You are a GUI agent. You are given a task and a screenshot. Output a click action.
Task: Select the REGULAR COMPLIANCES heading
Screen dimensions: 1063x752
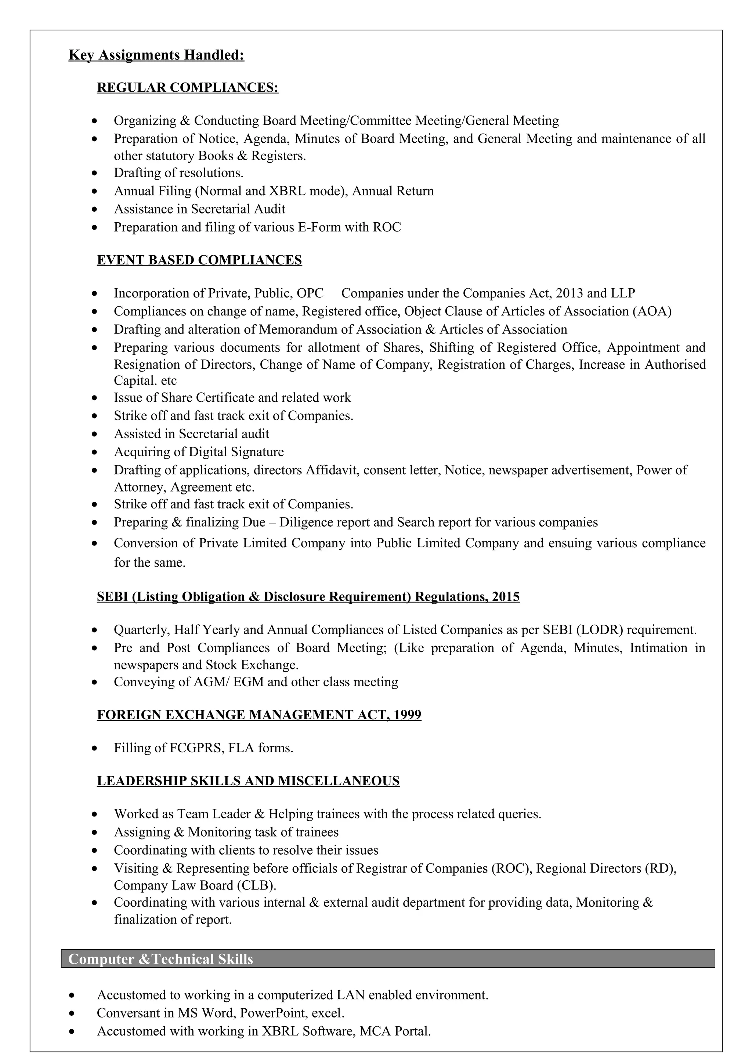pyautogui.click(x=187, y=88)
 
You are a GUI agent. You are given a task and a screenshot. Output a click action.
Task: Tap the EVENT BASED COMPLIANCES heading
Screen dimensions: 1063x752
pyautogui.click(x=199, y=260)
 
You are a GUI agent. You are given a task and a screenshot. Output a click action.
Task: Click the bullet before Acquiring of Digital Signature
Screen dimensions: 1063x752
pyautogui.click(x=94, y=452)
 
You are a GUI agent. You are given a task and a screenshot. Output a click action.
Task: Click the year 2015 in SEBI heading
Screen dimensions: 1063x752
pyautogui.click(x=506, y=597)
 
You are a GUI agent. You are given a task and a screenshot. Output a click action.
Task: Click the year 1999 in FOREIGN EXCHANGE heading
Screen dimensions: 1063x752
pyautogui.click(x=407, y=715)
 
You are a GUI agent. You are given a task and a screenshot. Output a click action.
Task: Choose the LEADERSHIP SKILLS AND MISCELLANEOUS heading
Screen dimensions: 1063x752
pyautogui.click(x=248, y=781)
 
